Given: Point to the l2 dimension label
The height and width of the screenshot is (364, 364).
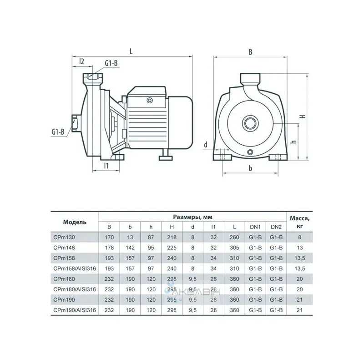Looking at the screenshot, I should pos(81,61).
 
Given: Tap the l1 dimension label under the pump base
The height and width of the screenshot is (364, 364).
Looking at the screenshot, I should pos(106,166).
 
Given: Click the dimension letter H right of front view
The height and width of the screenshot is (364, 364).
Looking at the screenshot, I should pos(302,116).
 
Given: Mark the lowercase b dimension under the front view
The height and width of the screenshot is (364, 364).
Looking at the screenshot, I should pos(250,168).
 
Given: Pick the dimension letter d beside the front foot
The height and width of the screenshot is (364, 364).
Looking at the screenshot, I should pos(206,145).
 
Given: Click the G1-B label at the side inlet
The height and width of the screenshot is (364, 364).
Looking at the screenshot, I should pos(57,132).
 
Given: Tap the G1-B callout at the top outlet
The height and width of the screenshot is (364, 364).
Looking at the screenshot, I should pos(111,63).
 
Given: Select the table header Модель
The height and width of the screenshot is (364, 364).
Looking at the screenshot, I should pos(74,222).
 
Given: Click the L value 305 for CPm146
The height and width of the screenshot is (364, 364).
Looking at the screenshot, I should pos(233,247).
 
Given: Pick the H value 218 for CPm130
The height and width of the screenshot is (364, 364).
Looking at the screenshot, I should pos(172,237).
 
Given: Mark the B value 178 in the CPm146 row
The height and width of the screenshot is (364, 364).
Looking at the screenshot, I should pos(109,247).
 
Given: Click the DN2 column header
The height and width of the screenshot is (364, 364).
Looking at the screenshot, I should pos(276,227).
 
